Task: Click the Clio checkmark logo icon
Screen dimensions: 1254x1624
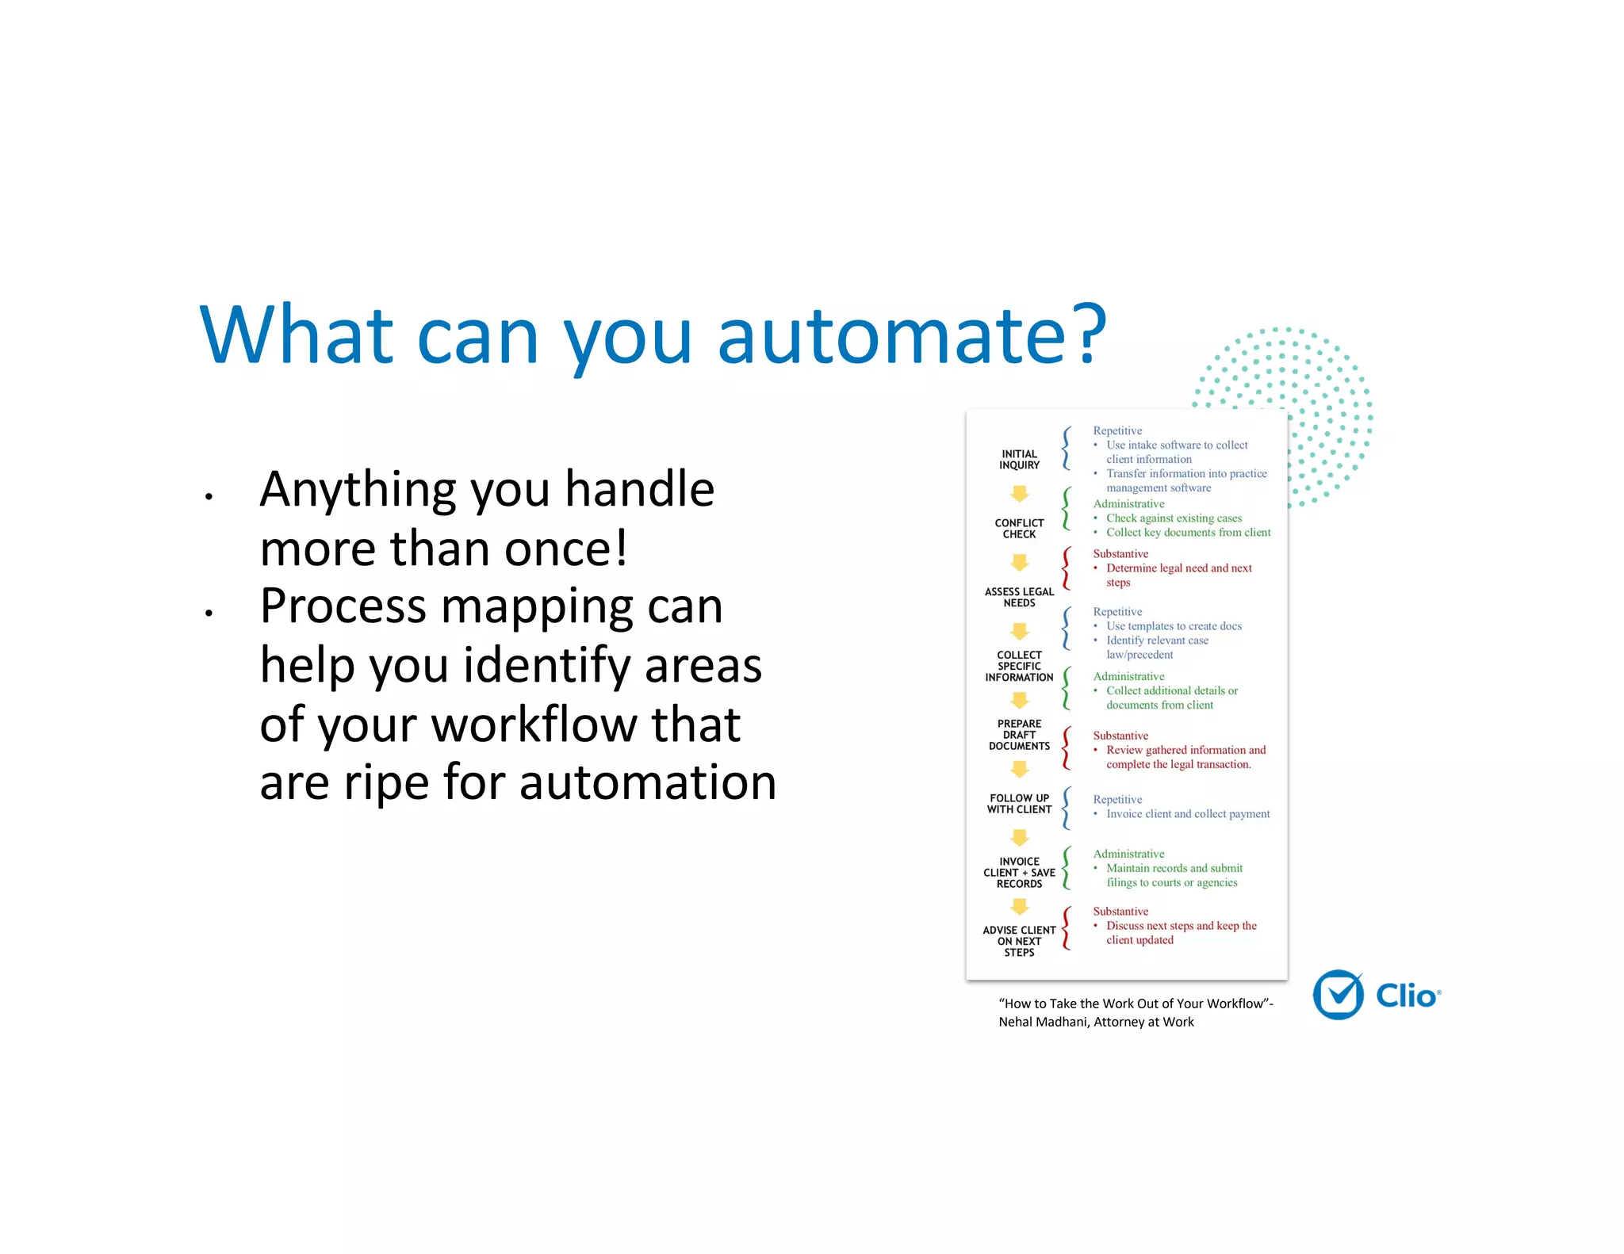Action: pyautogui.click(x=1339, y=995)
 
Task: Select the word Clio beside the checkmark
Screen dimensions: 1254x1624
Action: pyautogui.click(x=1406, y=996)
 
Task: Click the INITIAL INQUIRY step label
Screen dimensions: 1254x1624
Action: pyautogui.click(x=1019, y=460)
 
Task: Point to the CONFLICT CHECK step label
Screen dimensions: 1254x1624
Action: pyautogui.click(x=1019, y=529)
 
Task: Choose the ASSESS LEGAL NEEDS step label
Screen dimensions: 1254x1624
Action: pyautogui.click(x=1019, y=597)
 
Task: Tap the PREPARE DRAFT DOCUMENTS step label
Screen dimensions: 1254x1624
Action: pyautogui.click(x=1019, y=735)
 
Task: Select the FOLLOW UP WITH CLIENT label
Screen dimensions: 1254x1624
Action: pyautogui.click(x=1019, y=804)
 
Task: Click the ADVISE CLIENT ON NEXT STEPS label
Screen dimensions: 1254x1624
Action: pyautogui.click(x=1019, y=941)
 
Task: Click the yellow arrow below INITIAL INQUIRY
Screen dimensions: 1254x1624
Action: pyautogui.click(x=1020, y=494)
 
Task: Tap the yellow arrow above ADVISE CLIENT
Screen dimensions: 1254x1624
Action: pyautogui.click(x=1020, y=906)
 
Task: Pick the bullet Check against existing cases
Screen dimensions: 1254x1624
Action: pyautogui.click(x=1174, y=518)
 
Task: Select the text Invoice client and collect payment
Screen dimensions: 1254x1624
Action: pyautogui.click(x=1187, y=814)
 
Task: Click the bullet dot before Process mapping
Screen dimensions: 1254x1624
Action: pyautogui.click(x=209, y=613)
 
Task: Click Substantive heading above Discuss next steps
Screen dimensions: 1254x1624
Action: pyautogui.click(x=1120, y=912)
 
